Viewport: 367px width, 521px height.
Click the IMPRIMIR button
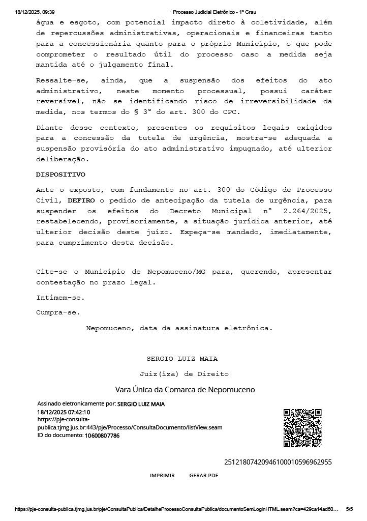tap(162, 475)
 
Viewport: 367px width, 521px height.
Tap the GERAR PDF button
tap(203, 475)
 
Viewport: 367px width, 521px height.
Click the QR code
tap(302, 428)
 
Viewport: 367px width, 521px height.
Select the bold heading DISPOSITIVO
tap(60, 175)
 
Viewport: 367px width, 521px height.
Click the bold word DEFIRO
tap(81, 200)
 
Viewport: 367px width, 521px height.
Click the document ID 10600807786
tap(102, 436)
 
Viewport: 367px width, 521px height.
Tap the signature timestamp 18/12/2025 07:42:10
tap(64, 412)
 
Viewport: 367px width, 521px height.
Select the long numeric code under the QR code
tap(278, 462)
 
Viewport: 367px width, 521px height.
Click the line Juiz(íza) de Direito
tap(184, 374)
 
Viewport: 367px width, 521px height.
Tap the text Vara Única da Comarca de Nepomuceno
tap(185, 390)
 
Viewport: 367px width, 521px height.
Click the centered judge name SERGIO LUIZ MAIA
tap(182, 359)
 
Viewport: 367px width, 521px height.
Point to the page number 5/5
tap(349, 509)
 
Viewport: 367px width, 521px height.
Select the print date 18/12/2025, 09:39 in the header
tap(35, 12)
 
